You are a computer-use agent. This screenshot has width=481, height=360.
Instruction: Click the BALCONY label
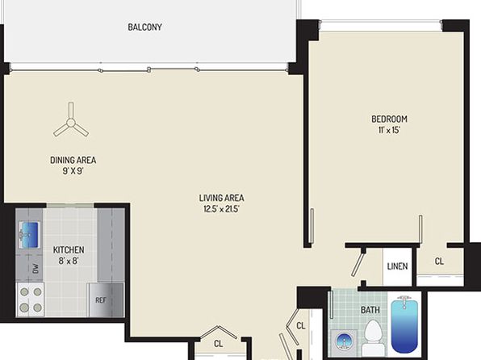tap(144, 27)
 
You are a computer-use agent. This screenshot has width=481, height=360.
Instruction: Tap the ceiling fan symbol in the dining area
tap(71, 123)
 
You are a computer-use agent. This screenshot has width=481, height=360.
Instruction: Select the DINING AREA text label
tap(73, 160)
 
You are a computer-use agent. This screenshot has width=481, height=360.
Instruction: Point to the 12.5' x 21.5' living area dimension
tap(221, 209)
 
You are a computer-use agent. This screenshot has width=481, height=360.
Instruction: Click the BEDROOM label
tap(389, 119)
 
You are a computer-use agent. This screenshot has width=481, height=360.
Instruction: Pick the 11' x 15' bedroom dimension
tap(389, 130)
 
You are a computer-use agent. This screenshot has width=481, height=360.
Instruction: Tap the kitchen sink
tap(29, 235)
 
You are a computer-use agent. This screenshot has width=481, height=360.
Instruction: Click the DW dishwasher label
tap(36, 269)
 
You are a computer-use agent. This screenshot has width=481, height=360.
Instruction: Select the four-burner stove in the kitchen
tap(31, 299)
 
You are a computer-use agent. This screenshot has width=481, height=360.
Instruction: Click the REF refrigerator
tap(107, 299)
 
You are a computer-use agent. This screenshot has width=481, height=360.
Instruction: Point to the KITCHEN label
tap(69, 250)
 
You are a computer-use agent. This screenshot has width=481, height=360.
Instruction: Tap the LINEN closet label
tap(398, 266)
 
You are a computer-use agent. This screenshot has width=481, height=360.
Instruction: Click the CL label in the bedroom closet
tap(439, 262)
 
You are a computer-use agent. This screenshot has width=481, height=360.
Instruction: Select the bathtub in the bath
tap(404, 324)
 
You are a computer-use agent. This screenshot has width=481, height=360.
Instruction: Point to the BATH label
tap(370, 310)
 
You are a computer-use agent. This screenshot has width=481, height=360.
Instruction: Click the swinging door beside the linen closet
tap(358, 263)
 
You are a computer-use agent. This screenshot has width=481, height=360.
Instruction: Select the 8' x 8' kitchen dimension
tap(69, 262)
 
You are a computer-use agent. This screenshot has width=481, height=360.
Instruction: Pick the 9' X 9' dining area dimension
tap(73, 171)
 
